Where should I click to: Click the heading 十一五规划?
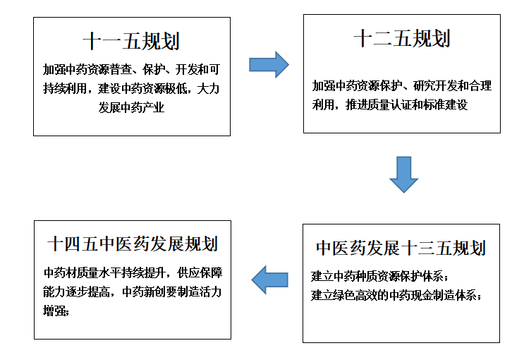131,41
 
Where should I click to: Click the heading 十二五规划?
402,38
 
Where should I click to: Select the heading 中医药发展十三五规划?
401,248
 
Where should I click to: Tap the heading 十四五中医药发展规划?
133,244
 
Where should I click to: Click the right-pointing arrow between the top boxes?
269,64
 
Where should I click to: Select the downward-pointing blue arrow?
403,174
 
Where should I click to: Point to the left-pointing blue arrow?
269,280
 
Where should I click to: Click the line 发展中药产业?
131,107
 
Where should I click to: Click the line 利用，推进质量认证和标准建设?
390,104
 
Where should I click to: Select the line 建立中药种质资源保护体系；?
379,277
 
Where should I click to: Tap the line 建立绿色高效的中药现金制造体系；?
396,296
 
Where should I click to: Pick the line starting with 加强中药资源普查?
131,69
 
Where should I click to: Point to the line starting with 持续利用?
131,88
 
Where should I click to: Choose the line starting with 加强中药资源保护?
402,85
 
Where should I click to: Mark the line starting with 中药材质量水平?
133,272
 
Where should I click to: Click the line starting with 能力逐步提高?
133,292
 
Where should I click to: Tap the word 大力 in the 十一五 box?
209,88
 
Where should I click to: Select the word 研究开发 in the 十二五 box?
435,85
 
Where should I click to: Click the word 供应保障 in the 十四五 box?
200,272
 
